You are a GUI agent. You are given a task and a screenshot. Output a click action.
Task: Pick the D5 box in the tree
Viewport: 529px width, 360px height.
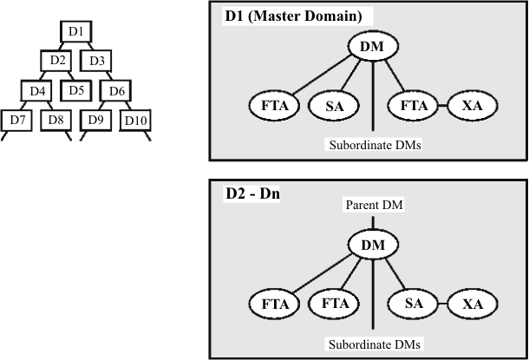pyautogui.click(x=75, y=89)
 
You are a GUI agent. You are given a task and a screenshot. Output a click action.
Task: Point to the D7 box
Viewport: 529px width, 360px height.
pyautogui.click(x=16, y=119)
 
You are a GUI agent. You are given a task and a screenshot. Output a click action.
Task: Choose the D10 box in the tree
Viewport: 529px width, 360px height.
pyautogui.click(x=135, y=119)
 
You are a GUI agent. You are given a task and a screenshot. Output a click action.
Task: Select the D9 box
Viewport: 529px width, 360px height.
pyautogui.click(x=95, y=119)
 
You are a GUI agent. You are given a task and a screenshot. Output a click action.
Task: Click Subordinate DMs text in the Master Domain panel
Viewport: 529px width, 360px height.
pyautogui.click(x=373, y=145)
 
